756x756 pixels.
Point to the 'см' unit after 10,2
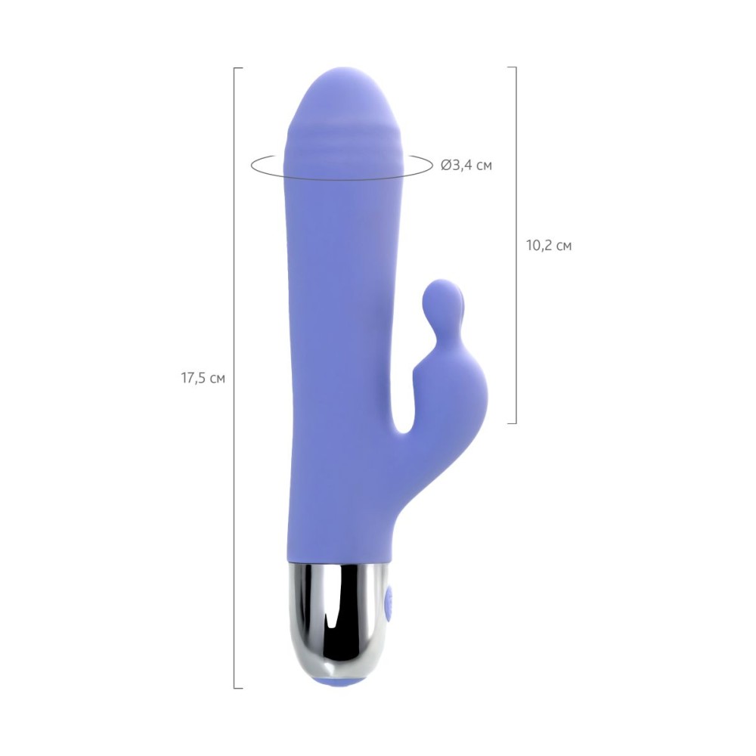[564, 246]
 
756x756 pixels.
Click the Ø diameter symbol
[446, 166]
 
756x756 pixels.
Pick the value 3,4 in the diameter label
[461, 166]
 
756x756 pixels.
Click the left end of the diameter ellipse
[251, 166]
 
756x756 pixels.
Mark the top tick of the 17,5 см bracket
[238, 69]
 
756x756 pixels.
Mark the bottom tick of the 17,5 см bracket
[238, 687]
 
